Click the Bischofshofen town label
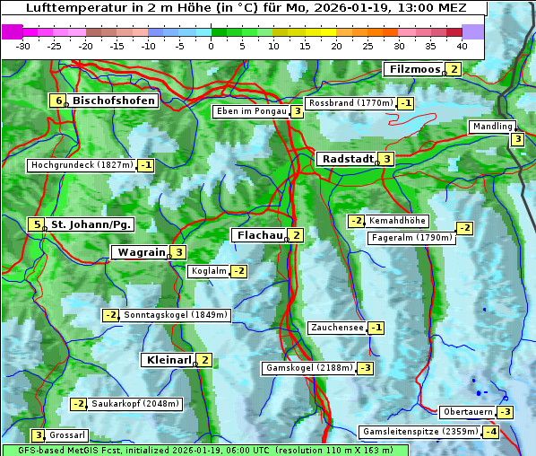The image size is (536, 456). tap(113, 101)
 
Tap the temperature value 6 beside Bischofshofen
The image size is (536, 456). tap(59, 101)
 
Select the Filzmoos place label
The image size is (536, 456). tap(414, 69)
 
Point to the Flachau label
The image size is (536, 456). tap(259, 235)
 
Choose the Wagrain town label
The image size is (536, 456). tap(142, 253)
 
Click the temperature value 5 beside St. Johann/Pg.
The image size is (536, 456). tap(38, 224)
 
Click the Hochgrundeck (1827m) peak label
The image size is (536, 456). tap(82, 165)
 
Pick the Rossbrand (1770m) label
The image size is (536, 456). tap(350, 103)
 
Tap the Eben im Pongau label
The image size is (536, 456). tap(250, 111)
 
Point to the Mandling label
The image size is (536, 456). tap(492, 127)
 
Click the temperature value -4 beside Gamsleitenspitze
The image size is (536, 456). tap(490, 432)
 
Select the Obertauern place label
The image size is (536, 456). tap(468, 412)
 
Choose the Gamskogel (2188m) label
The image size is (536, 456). tap(309, 368)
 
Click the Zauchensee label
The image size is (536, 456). tap(336, 328)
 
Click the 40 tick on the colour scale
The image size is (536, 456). tap(462, 46)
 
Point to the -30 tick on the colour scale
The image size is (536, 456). tap(23, 46)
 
